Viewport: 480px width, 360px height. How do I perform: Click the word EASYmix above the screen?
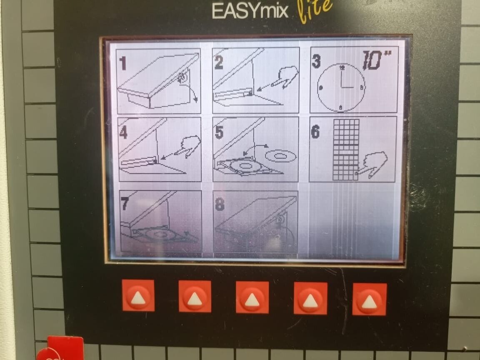point(250,11)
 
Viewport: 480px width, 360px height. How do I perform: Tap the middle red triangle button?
point(252,297)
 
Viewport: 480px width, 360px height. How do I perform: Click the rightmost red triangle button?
point(370,300)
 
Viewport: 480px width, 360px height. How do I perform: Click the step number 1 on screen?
point(123,63)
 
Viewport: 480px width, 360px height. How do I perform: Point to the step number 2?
point(219,62)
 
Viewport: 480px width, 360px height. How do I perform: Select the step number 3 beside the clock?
point(316,60)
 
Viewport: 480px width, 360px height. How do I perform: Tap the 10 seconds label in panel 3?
point(377,60)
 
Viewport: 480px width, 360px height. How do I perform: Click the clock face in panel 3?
point(341,87)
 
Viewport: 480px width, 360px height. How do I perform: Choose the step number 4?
point(123,132)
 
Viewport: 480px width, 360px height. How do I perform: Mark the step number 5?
point(219,132)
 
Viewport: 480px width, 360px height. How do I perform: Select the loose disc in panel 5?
point(281,156)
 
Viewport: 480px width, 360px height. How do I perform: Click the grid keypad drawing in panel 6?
point(346,150)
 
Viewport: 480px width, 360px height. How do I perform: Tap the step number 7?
point(125,204)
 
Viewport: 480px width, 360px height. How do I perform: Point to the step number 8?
point(220,205)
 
